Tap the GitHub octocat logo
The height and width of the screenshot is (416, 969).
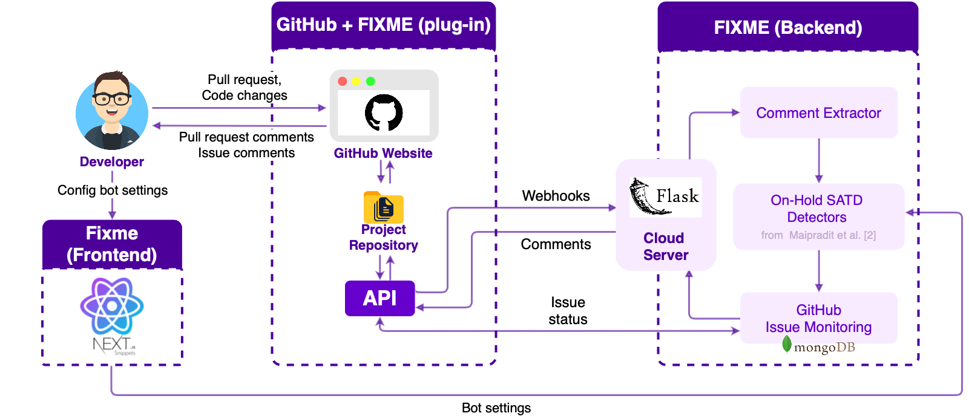tap(384, 112)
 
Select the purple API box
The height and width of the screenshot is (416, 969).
tap(379, 298)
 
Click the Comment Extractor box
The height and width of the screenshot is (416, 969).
tap(818, 113)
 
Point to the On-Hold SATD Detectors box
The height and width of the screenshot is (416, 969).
tap(818, 216)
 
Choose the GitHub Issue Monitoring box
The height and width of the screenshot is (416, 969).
tap(818, 318)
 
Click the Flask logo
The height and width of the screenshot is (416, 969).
tap(665, 197)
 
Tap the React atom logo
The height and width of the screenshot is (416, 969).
tap(112, 306)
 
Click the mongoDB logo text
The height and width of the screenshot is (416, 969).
tap(824, 347)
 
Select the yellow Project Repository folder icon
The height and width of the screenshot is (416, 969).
tap(383, 208)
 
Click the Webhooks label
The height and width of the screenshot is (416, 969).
tap(556, 196)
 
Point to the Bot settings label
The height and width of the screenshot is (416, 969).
tap(496, 408)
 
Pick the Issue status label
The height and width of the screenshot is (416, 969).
tap(568, 311)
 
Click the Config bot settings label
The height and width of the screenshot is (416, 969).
tap(113, 190)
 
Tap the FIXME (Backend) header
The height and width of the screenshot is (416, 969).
tap(787, 28)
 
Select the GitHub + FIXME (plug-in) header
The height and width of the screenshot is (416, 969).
tap(383, 25)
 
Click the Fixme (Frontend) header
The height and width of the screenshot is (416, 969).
tap(112, 244)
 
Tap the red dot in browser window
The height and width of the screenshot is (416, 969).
tap(343, 82)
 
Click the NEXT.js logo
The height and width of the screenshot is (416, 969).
tap(113, 345)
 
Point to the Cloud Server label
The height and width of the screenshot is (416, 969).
tap(665, 246)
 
